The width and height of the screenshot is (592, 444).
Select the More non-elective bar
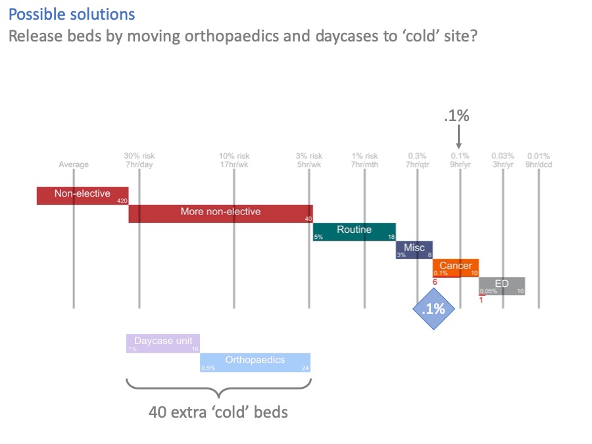[220, 213]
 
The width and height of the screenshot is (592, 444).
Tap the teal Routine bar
[354, 232]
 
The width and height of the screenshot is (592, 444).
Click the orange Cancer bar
[455, 267]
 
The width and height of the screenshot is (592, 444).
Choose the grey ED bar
[501, 285]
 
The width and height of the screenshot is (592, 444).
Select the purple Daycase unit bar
[162, 343]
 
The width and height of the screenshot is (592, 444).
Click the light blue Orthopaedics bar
[255, 362]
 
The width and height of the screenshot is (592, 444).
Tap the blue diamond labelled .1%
[433, 308]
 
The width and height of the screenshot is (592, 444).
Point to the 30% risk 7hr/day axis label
[139, 160]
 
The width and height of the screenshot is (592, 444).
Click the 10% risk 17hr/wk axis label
[234, 160]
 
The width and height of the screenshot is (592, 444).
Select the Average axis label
[74, 164]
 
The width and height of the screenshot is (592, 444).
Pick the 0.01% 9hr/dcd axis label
[538, 160]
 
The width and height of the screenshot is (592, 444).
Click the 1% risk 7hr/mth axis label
[364, 160]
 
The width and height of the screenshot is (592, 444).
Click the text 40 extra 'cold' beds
[218, 413]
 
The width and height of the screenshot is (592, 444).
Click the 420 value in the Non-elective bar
[122, 200]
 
